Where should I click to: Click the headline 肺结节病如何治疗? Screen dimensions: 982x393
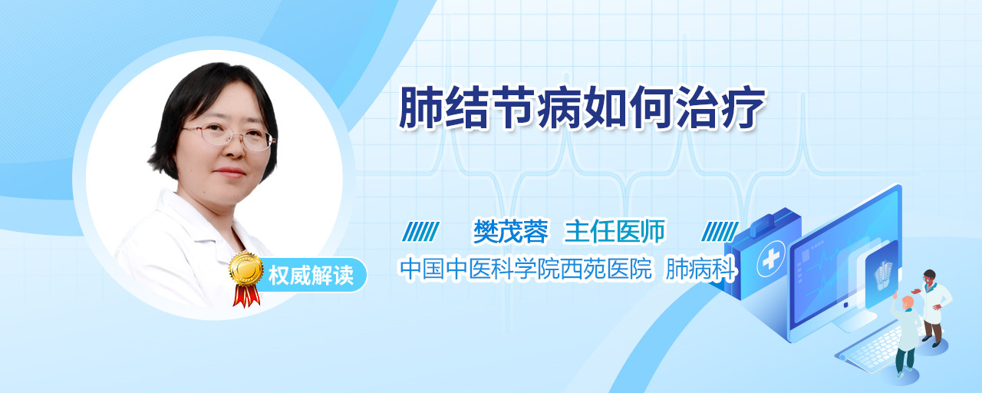[582, 108]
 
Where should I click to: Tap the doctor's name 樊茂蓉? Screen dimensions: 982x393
[511, 231]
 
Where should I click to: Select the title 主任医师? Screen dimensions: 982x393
[615, 231]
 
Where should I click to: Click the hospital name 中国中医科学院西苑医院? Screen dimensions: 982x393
[526, 269]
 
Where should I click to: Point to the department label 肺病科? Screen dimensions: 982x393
[700, 269]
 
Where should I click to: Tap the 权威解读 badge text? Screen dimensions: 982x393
[311, 275]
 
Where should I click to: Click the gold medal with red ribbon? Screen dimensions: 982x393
[246, 279]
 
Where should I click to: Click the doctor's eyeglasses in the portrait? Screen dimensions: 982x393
[229, 137]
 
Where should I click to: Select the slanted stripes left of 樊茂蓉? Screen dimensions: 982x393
[420, 232]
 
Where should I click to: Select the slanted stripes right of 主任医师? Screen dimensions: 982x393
[720, 232]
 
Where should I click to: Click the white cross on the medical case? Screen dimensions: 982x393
[770, 259]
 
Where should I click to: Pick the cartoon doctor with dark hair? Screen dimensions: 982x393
[933, 307]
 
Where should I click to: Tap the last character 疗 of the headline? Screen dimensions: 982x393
[743, 108]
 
